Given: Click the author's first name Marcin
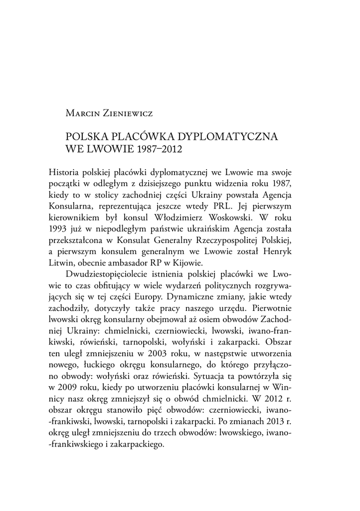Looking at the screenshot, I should click(83, 113).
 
